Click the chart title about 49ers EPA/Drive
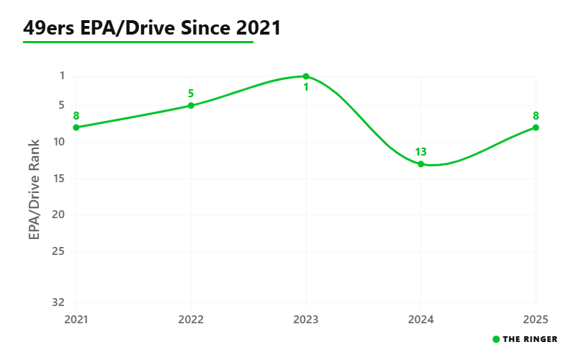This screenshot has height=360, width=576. [x=152, y=27]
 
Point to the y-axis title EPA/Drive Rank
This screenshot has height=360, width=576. [x=34, y=189]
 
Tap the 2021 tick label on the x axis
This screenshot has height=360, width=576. [x=76, y=320]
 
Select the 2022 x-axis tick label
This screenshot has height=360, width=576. [x=191, y=320]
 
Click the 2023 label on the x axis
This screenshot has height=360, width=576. [x=305, y=320]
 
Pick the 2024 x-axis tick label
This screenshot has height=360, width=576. [x=420, y=320]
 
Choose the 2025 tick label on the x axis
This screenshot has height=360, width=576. [x=536, y=320]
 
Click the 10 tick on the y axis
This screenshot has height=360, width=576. [x=59, y=142]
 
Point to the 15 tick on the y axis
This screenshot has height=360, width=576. [x=59, y=179]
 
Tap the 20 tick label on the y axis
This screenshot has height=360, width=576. [x=58, y=215]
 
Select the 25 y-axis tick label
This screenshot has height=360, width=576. [x=58, y=251]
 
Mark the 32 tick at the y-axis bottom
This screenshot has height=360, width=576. [x=58, y=302]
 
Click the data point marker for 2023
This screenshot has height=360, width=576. [x=305, y=76]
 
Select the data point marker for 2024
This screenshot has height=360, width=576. [x=420, y=164]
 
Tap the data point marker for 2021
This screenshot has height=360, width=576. [x=76, y=127]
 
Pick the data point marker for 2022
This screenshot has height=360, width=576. [x=191, y=105]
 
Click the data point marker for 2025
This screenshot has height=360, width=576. [x=536, y=127]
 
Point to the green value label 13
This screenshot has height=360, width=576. [x=420, y=152]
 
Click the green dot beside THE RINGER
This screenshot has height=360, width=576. [x=496, y=339]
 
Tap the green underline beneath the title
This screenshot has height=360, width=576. [x=138, y=42]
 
